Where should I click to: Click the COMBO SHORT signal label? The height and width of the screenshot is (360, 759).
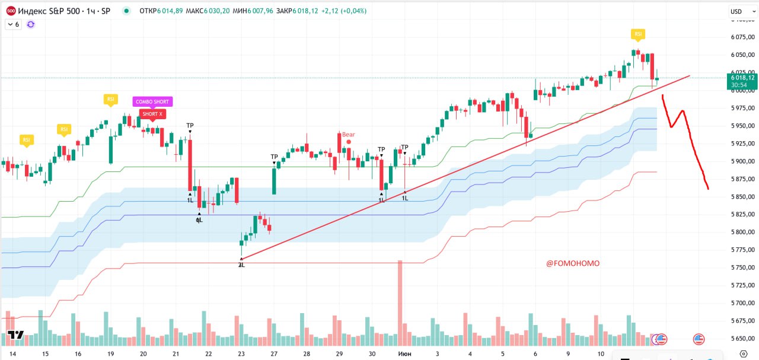point(152,102)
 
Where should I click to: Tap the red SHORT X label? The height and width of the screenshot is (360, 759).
point(152,113)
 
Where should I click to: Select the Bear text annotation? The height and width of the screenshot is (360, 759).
point(348,135)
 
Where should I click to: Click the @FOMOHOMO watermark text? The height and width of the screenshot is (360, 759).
point(573,263)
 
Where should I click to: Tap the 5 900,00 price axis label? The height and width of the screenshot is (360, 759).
point(742,161)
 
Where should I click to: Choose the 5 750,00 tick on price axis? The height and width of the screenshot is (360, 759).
point(742,267)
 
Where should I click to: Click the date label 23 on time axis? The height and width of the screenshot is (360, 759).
point(241,353)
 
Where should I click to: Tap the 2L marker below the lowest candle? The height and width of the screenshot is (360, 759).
point(241,265)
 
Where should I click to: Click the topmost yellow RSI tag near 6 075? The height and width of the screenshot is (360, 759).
point(638,34)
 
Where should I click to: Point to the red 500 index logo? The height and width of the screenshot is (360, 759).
point(11,11)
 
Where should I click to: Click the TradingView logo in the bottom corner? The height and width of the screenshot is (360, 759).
point(16,335)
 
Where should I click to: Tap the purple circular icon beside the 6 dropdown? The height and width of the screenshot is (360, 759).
point(31,24)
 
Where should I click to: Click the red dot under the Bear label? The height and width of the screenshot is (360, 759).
point(349,142)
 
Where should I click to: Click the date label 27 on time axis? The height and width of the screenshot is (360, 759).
point(273,353)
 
